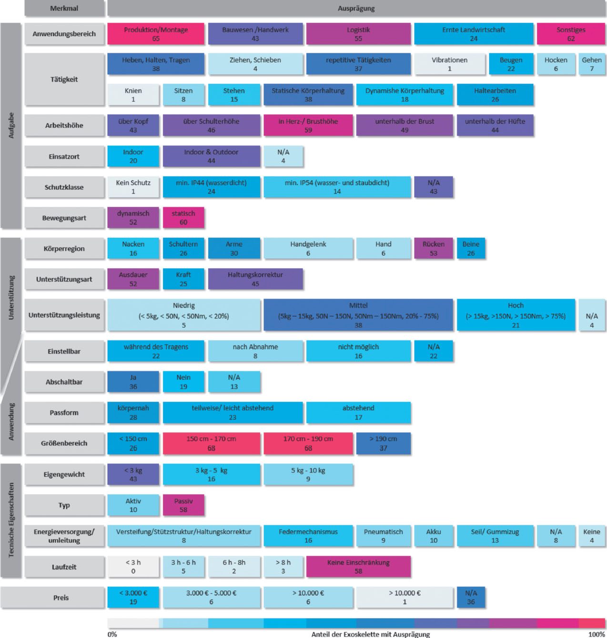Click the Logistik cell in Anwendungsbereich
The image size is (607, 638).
tap(358, 34)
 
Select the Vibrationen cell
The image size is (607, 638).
tap(449, 64)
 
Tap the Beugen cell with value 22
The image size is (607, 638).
tap(511, 64)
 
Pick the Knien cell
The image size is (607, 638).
tap(133, 95)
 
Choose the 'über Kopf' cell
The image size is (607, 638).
tap(133, 126)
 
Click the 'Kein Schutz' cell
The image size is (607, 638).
tap(133, 187)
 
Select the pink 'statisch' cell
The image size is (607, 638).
tap(183, 218)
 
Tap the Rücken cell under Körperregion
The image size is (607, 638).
tap(433, 248)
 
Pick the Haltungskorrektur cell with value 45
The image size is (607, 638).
tap(255, 279)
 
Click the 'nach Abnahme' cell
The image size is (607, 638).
tap(255, 351)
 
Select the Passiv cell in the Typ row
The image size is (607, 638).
tap(183, 505)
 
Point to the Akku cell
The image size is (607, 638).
tap(433, 536)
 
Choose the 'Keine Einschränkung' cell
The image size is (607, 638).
tap(358, 567)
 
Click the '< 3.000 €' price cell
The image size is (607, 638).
tap(133, 598)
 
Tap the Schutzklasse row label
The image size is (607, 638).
tap(64, 187)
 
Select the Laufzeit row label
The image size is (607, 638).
tap(64, 567)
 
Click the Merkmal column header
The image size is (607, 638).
tap(64, 8)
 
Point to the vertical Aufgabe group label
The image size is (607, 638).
tap(11, 126)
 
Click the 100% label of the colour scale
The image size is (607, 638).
tap(596, 634)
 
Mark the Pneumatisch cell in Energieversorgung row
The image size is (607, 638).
tap(383, 536)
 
